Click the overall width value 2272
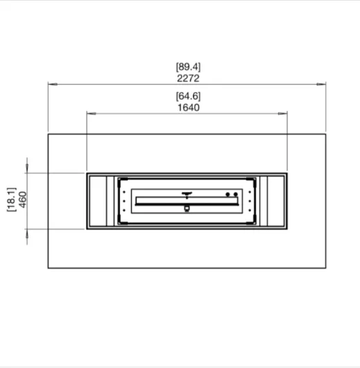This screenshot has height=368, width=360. (x=188, y=78)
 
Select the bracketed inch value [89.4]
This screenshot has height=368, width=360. (x=189, y=67)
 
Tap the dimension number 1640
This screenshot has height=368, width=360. (x=189, y=107)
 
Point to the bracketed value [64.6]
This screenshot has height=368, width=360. (x=189, y=96)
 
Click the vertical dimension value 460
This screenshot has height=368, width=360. (x=23, y=200)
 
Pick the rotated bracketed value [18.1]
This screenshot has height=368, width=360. (x=12, y=200)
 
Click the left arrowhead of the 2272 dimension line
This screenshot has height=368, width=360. (x=53, y=84)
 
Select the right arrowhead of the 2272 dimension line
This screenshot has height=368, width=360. (x=321, y=84)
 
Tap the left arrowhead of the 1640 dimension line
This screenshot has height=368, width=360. (x=92, y=114)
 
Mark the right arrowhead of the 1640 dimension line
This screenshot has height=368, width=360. (x=282, y=114)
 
